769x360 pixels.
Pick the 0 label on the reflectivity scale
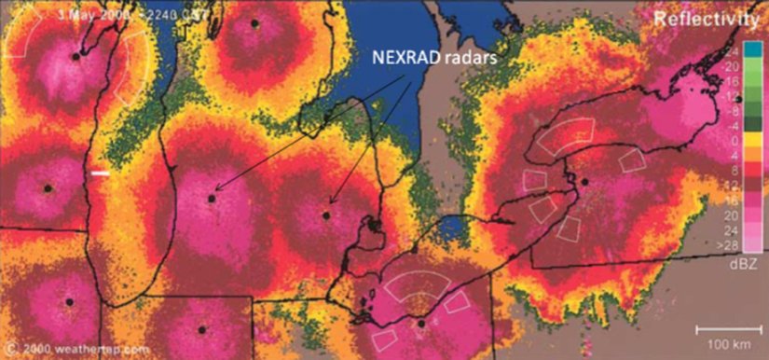coord(736,140)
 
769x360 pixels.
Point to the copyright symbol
coord(9,350)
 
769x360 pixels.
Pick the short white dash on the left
coord(100,173)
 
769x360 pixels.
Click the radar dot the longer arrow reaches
coord(213,198)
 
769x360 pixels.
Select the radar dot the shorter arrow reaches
coord(326,215)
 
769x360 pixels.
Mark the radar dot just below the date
coord(76,55)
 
